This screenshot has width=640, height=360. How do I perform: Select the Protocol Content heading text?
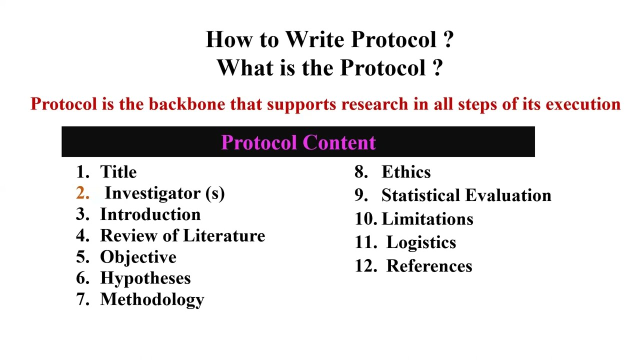tap(298, 142)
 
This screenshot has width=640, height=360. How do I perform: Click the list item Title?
tap(118, 172)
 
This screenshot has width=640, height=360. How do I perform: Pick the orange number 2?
tap(82, 193)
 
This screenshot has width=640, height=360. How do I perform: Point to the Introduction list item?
tap(150, 214)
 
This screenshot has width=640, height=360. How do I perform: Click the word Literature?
tap(224, 235)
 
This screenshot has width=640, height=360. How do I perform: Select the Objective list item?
tap(138, 257)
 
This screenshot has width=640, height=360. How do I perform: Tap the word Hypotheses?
tap(145, 278)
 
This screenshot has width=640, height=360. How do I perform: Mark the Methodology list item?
tap(152, 299)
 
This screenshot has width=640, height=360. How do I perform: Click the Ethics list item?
tap(405, 172)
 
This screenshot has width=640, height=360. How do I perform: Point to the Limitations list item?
tap(427, 219)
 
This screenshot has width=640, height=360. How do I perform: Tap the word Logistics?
tap(421, 242)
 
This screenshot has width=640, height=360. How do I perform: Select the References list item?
tap(429, 266)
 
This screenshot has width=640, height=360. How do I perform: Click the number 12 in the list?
tap(365, 266)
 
